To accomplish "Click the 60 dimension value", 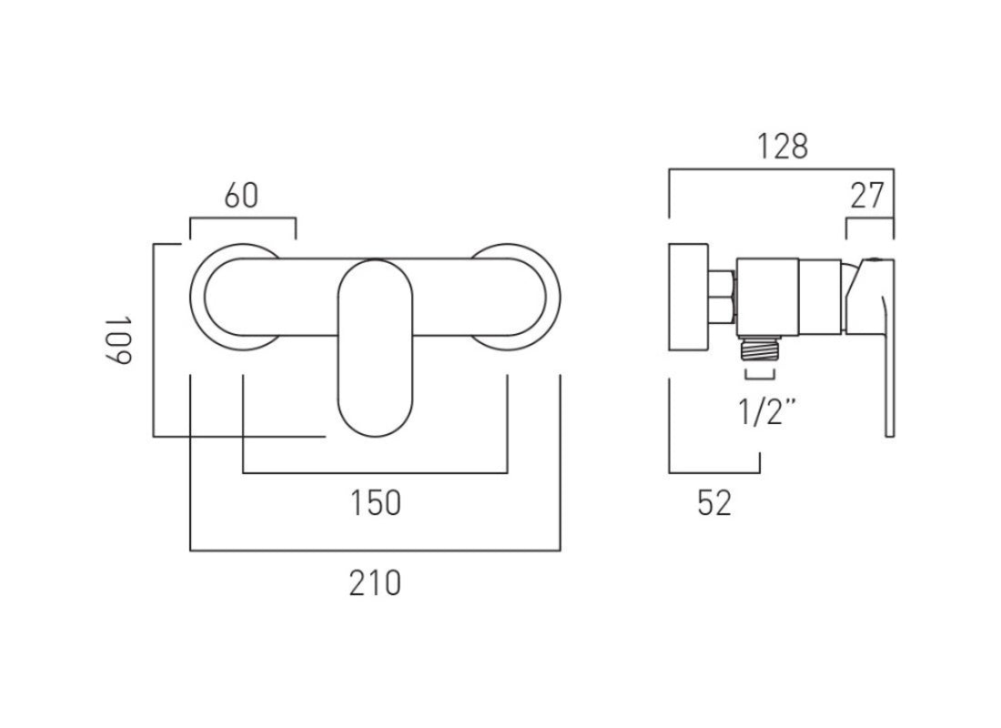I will coord(241,196).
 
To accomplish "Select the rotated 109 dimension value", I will coord(118,340).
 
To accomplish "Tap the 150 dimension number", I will coord(375,502).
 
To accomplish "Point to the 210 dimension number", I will coord(375,581).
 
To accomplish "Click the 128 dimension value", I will coord(782,146).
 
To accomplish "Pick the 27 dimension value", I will coord(869,196).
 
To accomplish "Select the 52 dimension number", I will coord(714,502).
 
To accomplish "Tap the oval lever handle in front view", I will coord(374,346).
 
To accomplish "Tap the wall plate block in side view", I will coord(689,297).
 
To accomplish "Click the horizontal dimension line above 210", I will coord(375,551).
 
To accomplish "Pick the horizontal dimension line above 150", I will coord(375,473).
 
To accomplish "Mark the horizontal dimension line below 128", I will coord(782,168).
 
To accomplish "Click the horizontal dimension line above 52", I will coord(714,472).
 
